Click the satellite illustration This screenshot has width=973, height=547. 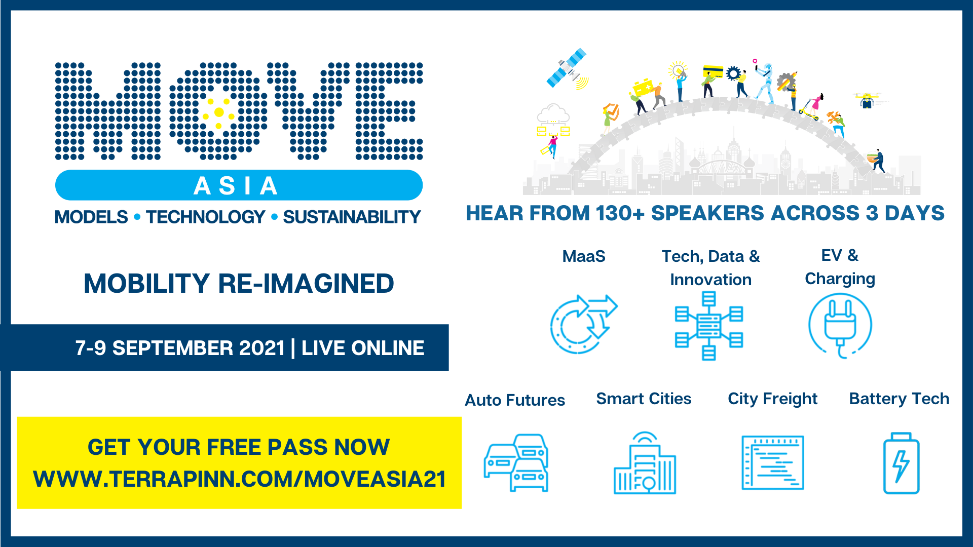coord(567,69)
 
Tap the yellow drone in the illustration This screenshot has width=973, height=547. coord(868,100)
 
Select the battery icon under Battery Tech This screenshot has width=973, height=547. coord(901,463)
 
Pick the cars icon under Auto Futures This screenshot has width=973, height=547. coord(516,462)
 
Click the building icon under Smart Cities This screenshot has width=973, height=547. coord(645,462)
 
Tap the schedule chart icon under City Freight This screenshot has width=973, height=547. coord(773,462)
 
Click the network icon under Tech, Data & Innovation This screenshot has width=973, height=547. coord(709,326)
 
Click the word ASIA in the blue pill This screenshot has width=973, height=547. coord(236,186)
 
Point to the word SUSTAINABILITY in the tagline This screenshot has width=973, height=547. coord(352,217)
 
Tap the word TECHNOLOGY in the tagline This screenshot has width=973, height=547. coord(205,217)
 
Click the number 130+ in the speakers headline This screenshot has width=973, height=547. coord(620,213)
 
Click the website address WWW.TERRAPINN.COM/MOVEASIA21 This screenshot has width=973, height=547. coord(240,479)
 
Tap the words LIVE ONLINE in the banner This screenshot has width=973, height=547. coord(363,348)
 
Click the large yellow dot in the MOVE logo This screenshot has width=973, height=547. coord(219,112)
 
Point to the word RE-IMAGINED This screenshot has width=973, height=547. coord(306,284)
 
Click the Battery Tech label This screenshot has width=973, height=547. coord(899,399)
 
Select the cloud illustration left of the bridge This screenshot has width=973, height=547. coord(553,114)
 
